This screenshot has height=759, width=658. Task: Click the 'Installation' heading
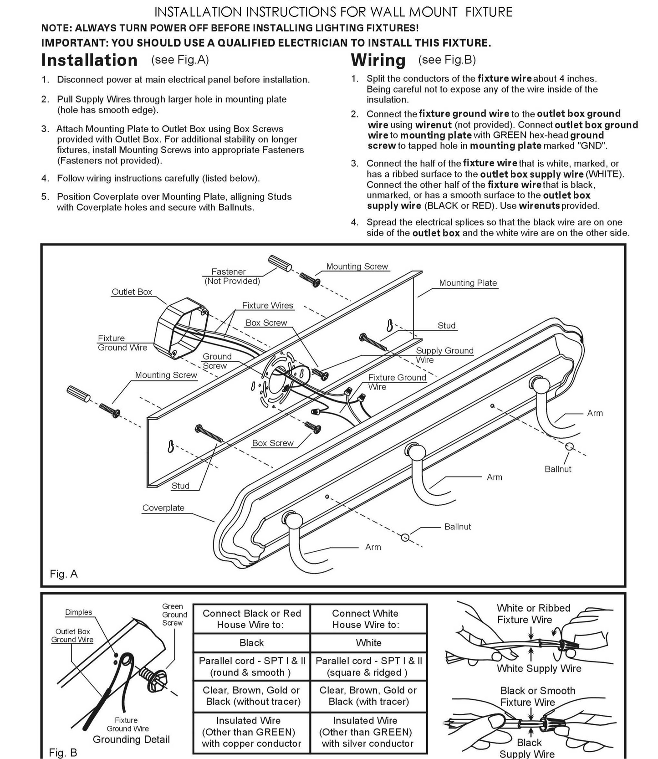89,60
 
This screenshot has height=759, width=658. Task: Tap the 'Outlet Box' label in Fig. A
132,292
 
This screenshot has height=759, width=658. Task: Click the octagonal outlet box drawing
181,328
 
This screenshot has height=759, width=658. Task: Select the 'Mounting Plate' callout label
468,283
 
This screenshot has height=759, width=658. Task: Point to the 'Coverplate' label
163,508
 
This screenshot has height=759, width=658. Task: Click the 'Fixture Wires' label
268,306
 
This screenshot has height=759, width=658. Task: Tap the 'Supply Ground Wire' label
444,355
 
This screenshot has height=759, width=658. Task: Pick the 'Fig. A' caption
64,574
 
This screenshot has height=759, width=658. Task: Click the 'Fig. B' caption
63,753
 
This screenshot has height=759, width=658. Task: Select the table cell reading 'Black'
252,643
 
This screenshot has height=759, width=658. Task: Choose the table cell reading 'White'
369,643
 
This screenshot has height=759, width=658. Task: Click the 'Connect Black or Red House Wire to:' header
252,619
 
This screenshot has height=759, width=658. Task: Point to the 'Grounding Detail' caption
131,739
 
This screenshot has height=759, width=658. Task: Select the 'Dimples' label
78,612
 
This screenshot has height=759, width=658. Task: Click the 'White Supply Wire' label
539,668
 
